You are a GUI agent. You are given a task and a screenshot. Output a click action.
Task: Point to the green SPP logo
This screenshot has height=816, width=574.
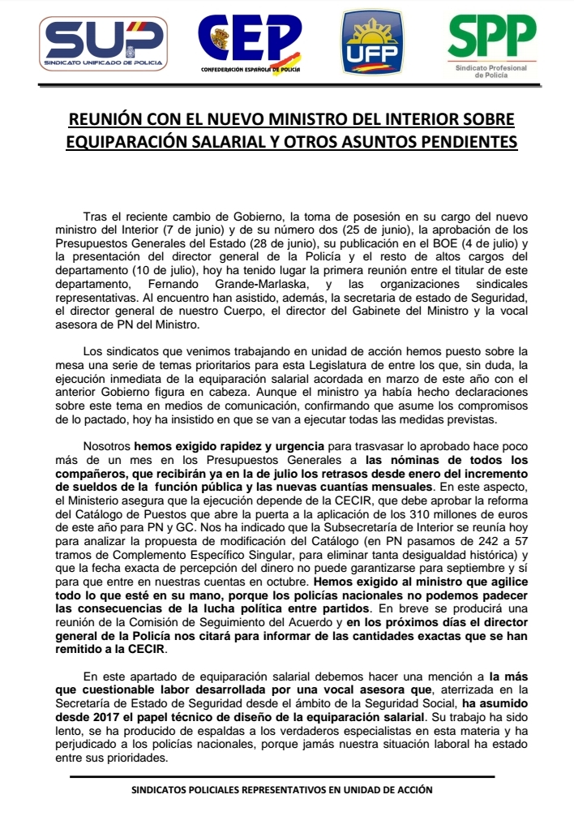coord(491,45)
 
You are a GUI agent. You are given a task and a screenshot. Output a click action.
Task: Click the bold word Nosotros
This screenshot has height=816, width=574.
coord(107,447)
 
